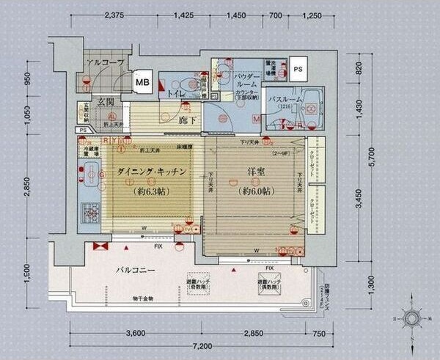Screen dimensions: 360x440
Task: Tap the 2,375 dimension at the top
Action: pos(117,15)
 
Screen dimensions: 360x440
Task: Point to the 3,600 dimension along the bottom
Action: pos(139,333)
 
